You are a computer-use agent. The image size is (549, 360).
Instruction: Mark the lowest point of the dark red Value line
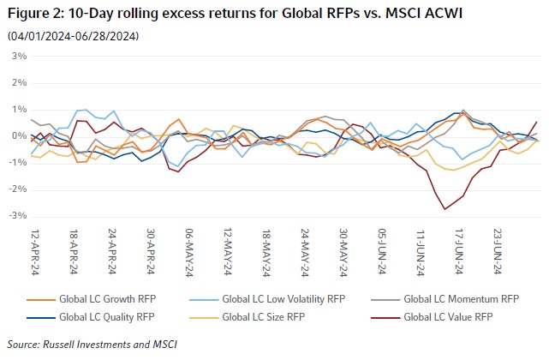445,208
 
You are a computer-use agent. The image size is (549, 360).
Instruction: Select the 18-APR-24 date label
75,249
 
